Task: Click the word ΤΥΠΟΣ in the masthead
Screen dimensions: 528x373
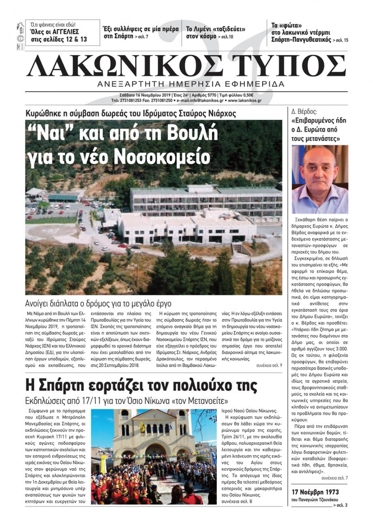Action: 289,66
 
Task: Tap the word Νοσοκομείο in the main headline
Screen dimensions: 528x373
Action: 162,157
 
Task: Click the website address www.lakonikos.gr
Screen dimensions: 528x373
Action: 245,100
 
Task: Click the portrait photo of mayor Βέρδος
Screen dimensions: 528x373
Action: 319,179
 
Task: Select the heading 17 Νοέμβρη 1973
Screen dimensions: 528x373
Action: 315,492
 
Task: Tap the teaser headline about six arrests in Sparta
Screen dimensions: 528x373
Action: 141,32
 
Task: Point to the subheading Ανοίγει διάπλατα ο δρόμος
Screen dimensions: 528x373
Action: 98,303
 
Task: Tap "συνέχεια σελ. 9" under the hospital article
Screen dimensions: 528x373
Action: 269,365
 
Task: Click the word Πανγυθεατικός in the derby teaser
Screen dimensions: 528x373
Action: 313,40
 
